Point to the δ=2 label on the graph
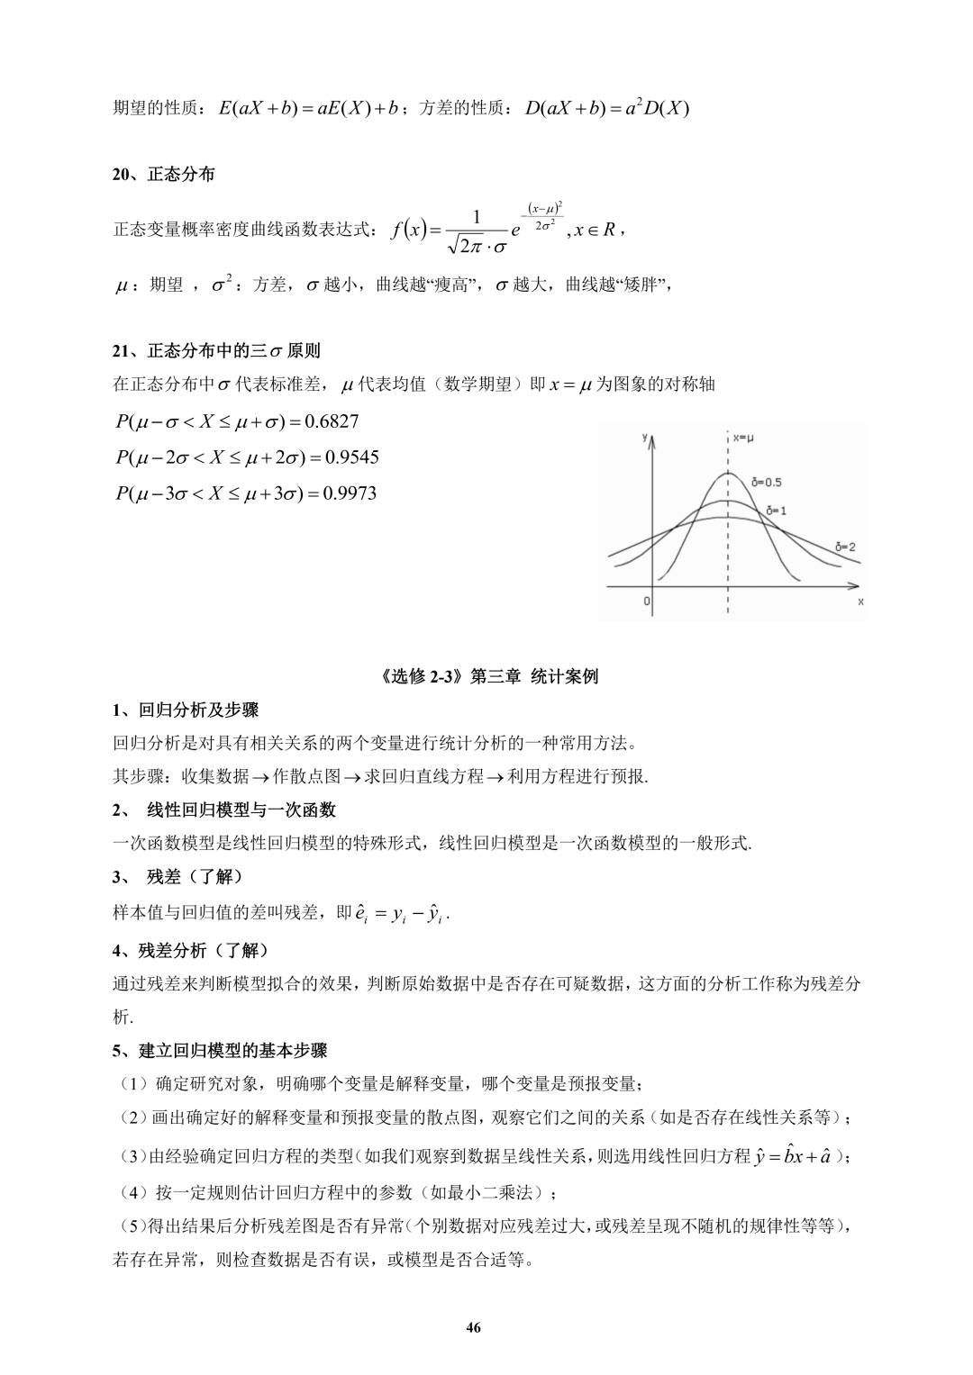(845, 546)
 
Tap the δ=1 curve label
(776, 511)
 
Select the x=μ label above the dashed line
(743, 438)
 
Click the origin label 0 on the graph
(647, 601)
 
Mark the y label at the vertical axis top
(645, 437)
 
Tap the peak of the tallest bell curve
(727, 474)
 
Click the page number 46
(474, 1327)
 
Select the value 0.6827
(332, 421)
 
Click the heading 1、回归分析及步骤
(185, 710)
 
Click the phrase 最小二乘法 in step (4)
(495, 1193)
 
